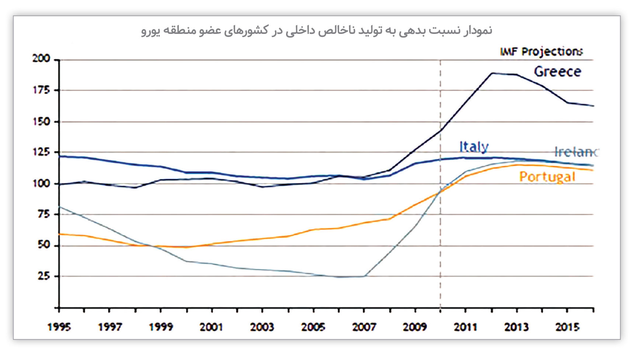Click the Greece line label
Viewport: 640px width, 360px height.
pos(557,71)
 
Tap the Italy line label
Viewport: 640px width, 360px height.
pos(474,147)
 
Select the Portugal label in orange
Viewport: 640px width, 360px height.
pos(547,177)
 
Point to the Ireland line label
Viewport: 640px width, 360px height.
pos(576,152)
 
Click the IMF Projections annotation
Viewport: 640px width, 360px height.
pos(541,52)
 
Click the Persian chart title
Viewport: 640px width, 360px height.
pos(317,30)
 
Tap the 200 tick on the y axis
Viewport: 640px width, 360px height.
pos(41,59)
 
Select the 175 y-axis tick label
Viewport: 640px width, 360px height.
pos(41,90)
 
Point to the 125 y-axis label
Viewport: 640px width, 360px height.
pos(41,152)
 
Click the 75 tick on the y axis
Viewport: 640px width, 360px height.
pos(44,214)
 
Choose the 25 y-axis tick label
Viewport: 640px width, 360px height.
pos(44,276)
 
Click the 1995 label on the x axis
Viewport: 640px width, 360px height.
pos(59,327)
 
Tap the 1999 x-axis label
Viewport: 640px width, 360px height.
pos(161,327)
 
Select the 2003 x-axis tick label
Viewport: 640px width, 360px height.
pos(262,327)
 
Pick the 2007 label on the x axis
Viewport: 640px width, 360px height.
pos(364,327)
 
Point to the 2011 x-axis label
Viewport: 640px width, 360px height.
pos(466,327)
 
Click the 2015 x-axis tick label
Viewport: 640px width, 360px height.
pos(567,327)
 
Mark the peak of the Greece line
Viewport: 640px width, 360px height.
pos(492,73)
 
